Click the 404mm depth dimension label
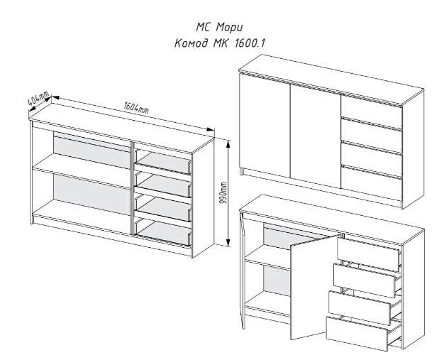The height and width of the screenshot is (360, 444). point(38,98)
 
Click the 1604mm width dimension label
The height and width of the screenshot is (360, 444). point(136,108)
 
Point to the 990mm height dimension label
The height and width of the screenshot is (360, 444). point(223,193)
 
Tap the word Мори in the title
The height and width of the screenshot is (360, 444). point(229,28)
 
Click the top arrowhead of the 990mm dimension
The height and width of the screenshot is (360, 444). point(228,143)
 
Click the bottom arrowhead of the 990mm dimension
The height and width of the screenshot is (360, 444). point(228,242)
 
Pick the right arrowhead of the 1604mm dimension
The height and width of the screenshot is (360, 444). point(210,129)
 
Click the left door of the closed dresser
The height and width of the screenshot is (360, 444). point(265,126)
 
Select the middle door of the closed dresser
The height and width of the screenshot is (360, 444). point(316,136)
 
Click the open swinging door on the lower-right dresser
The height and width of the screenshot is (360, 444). point(315,287)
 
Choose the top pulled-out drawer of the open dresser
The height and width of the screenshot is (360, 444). point(368,254)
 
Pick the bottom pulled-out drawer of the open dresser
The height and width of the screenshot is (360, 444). point(357,333)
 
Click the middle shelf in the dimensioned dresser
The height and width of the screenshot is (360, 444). point(82,171)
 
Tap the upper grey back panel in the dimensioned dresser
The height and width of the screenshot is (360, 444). point(92,151)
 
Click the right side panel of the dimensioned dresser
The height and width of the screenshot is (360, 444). point(203,198)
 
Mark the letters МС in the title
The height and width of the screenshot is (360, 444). point(204,28)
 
